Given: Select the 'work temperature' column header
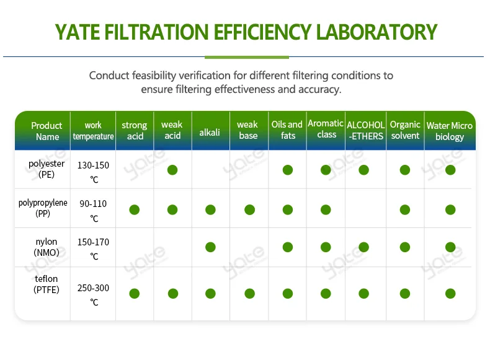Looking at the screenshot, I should [x=93, y=131].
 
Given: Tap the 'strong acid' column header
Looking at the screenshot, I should [x=135, y=131].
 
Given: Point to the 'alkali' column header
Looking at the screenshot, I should [x=210, y=132].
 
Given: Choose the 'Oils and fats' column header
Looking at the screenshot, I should [x=287, y=130].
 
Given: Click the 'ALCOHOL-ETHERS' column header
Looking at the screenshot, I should [x=366, y=131].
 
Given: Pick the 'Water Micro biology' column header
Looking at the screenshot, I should [x=450, y=131].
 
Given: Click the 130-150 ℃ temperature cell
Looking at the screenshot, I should [x=93, y=172].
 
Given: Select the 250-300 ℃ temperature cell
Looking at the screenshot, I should [x=93, y=294].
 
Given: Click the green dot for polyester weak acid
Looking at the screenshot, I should [x=172, y=170].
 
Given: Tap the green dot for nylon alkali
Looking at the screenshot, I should [x=210, y=247].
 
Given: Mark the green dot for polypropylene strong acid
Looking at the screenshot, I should [x=134, y=209].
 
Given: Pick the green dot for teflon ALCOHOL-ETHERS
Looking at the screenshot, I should [x=364, y=293].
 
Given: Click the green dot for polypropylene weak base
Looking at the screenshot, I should [x=249, y=209].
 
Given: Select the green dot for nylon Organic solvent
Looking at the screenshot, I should [x=405, y=247].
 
